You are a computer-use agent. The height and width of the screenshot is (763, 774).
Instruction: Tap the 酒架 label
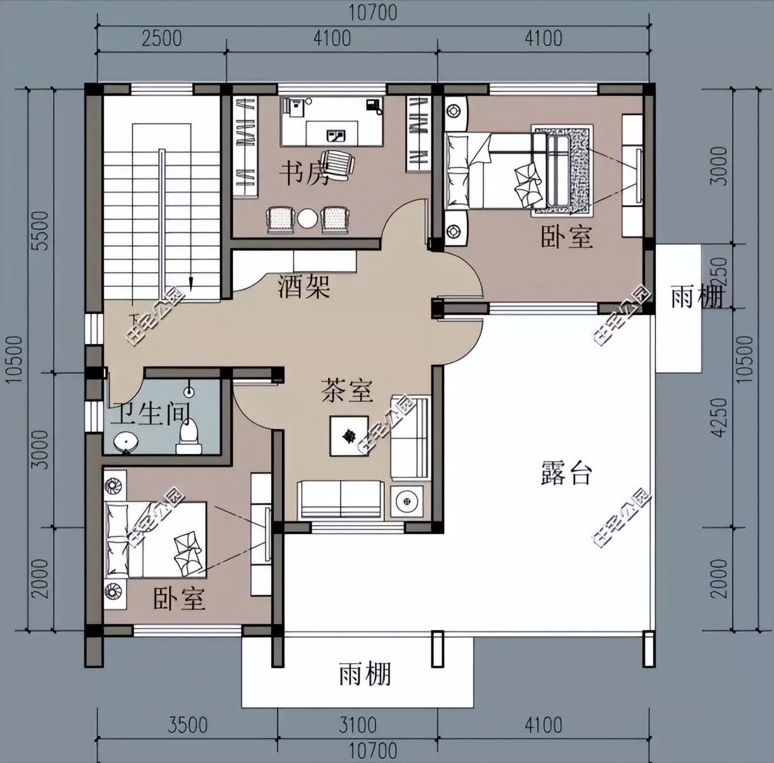point(304,286)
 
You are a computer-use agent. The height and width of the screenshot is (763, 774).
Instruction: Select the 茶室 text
point(347,390)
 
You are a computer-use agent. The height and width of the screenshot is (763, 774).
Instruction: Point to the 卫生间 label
point(151,414)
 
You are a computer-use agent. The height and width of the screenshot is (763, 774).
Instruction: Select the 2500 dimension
point(162,38)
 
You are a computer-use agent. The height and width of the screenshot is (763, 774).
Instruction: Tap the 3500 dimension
point(188,724)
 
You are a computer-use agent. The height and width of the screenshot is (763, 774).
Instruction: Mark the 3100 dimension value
point(358,724)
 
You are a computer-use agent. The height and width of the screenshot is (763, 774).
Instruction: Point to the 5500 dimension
point(40,230)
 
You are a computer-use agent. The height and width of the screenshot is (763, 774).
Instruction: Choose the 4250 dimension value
point(719,417)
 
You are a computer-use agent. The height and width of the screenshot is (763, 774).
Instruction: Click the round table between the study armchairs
point(307,218)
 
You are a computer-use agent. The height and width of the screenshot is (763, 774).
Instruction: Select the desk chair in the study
point(338,163)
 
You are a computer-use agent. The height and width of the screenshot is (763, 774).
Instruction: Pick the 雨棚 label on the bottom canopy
point(365,673)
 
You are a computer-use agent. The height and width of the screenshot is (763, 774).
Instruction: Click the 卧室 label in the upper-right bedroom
point(566,236)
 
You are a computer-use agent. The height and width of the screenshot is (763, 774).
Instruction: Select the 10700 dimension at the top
point(373,12)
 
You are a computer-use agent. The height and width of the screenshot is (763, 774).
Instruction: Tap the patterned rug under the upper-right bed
point(578,169)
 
